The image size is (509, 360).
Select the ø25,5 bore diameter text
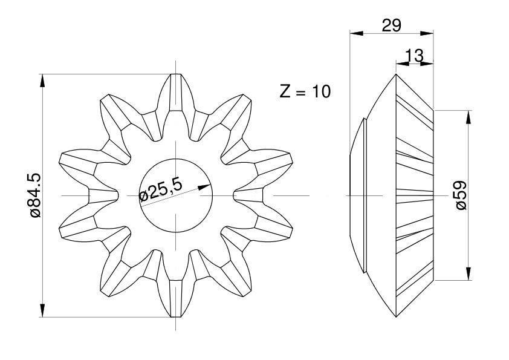click(160, 190)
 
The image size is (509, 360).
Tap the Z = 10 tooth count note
click(305, 91)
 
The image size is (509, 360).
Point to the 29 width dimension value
click(392, 25)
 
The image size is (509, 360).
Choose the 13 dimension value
click(415, 56)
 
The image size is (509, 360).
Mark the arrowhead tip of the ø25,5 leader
click(210, 185)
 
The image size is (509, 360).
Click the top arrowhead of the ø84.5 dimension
click(42, 75)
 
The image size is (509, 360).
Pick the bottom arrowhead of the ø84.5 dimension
click(42, 316)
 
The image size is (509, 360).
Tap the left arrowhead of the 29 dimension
click(350, 33)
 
